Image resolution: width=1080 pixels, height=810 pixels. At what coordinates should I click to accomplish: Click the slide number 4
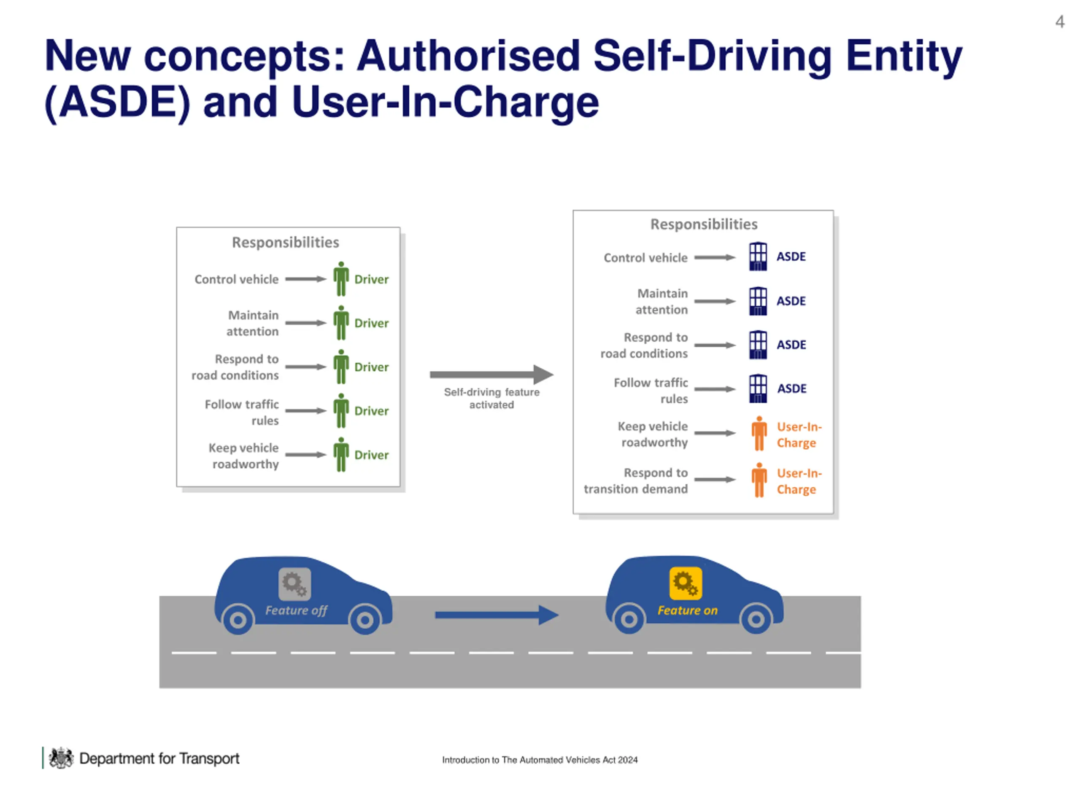pyautogui.click(x=1059, y=22)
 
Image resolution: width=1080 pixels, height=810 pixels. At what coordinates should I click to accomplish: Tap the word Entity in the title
pyautogui.click(x=904, y=57)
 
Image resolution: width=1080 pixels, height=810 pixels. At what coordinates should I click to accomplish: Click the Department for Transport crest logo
pyautogui.click(x=61, y=758)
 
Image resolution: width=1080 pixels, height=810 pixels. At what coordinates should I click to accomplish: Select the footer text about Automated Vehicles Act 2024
pyautogui.click(x=540, y=760)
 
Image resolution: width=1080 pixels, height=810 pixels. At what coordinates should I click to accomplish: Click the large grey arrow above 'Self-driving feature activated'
pyautogui.click(x=491, y=375)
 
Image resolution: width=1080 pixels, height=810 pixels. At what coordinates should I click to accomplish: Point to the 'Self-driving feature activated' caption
pyautogui.click(x=491, y=398)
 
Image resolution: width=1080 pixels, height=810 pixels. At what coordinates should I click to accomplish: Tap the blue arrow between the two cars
pyautogui.click(x=497, y=615)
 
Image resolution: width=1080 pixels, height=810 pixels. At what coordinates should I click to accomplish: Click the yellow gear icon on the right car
pyautogui.click(x=686, y=583)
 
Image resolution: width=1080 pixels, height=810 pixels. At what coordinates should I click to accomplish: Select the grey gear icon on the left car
pyautogui.click(x=294, y=584)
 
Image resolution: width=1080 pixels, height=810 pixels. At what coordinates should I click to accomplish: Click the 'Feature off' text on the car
pyautogui.click(x=296, y=610)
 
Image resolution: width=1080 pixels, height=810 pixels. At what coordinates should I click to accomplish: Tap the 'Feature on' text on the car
pyautogui.click(x=688, y=610)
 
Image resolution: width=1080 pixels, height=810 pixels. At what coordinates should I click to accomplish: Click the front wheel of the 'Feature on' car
pyautogui.click(x=756, y=619)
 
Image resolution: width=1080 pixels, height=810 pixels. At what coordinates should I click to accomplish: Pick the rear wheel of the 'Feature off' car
pyautogui.click(x=238, y=620)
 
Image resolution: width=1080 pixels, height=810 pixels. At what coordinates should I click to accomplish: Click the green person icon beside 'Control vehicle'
pyautogui.click(x=341, y=279)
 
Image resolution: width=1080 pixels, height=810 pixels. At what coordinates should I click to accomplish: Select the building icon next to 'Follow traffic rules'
pyautogui.click(x=758, y=389)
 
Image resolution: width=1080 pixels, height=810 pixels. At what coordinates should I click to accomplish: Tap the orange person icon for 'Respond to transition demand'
pyautogui.click(x=759, y=481)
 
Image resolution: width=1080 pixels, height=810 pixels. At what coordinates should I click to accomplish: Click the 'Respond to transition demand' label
pyautogui.click(x=636, y=481)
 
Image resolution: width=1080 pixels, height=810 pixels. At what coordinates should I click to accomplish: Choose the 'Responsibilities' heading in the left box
pyautogui.click(x=285, y=242)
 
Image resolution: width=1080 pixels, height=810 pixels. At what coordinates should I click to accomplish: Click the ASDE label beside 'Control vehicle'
pyautogui.click(x=791, y=257)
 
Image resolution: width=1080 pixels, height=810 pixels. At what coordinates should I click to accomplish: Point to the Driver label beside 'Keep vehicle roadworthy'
pyautogui.click(x=372, y=455)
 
